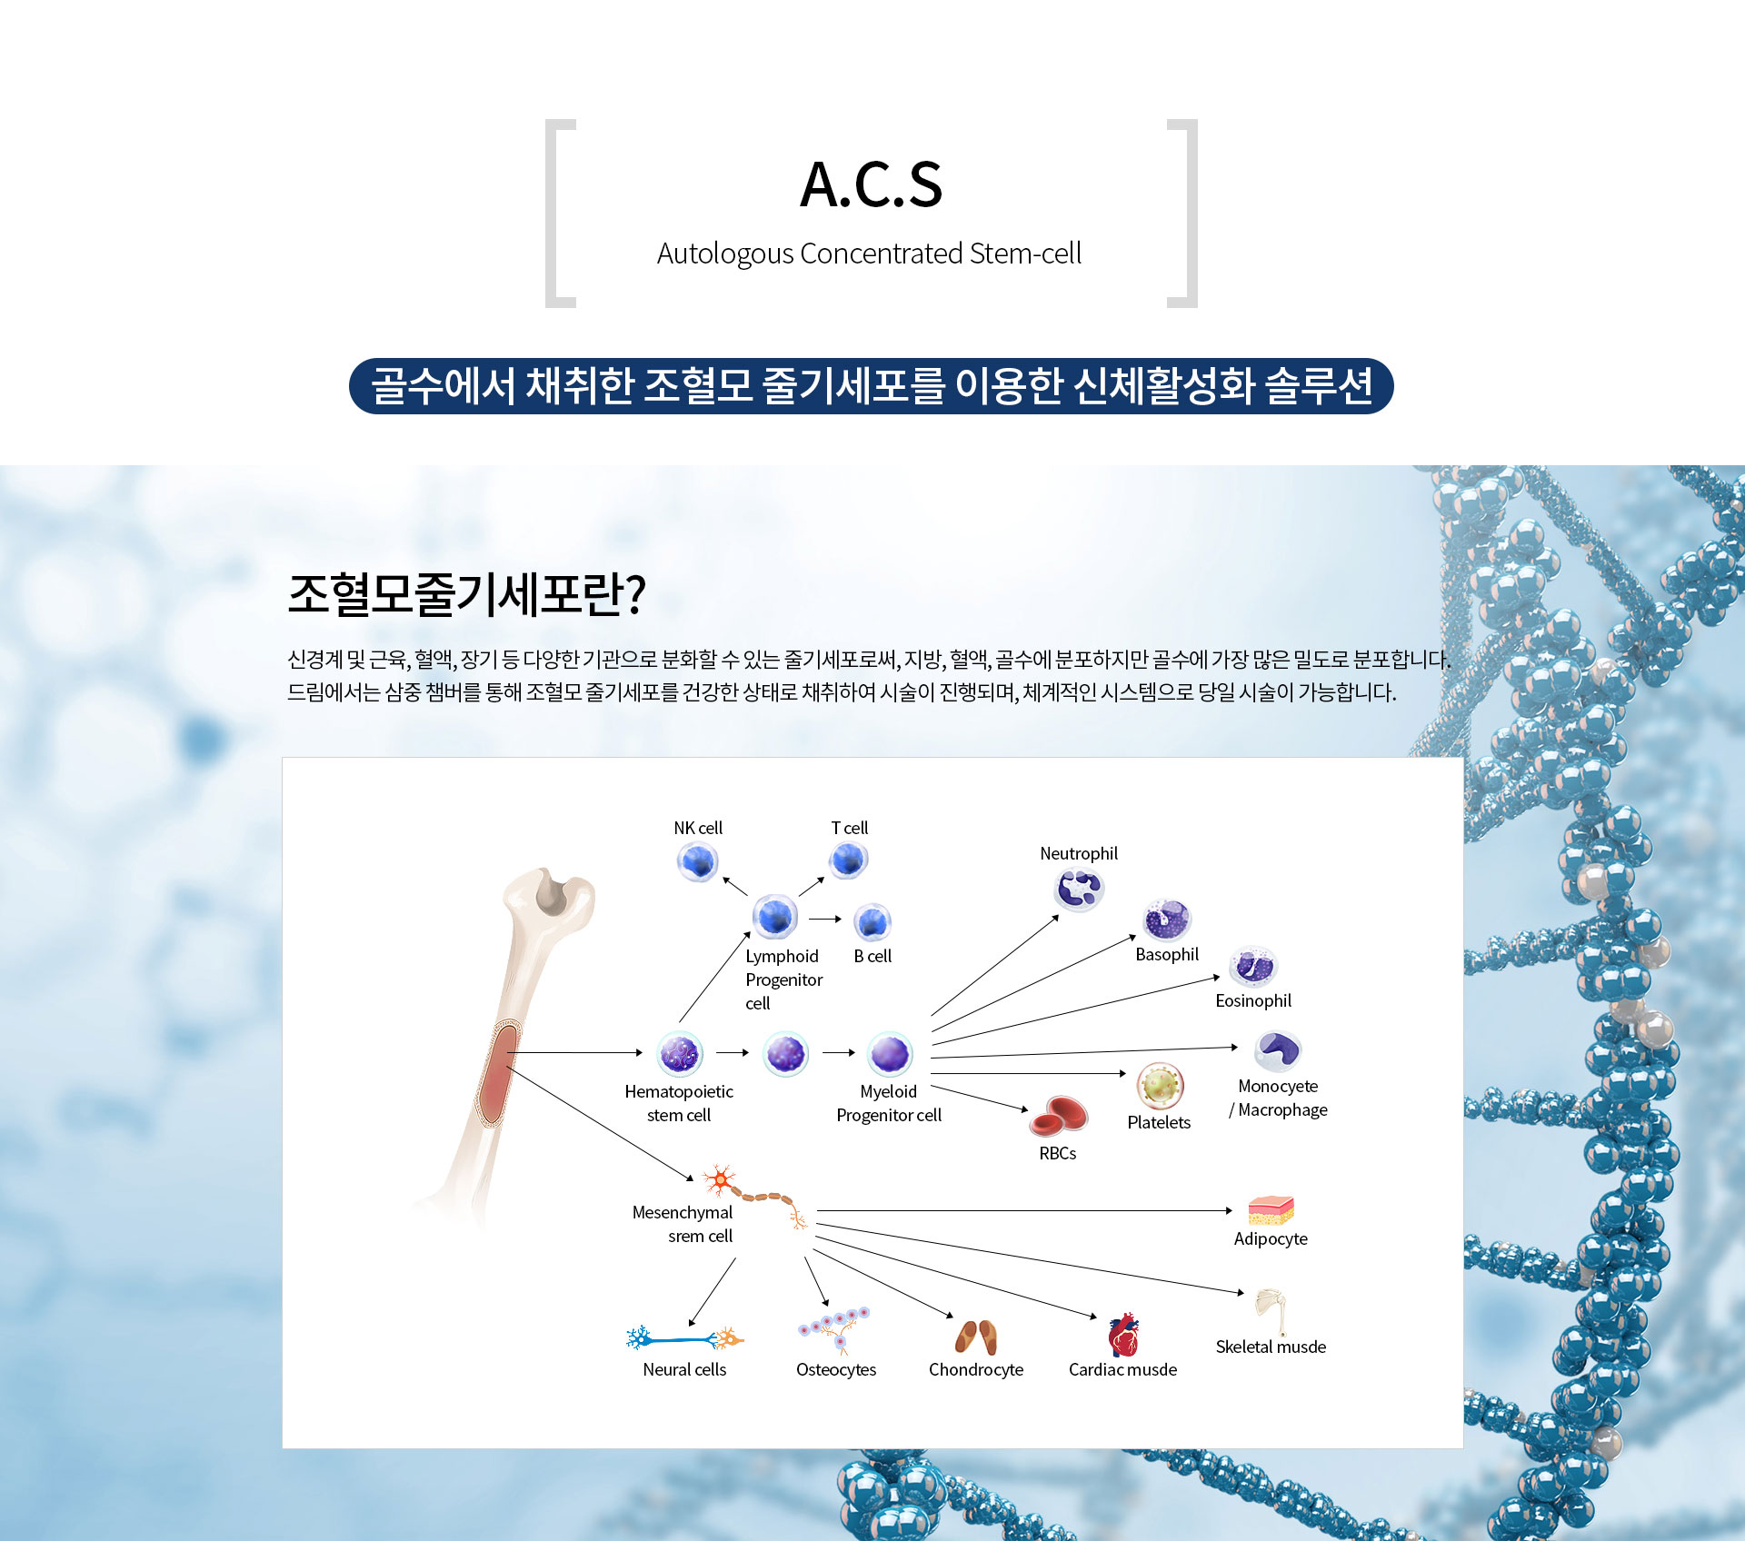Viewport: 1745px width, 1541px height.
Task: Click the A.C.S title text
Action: (x=871, y=185)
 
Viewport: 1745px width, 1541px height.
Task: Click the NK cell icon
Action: (x=698, y=861)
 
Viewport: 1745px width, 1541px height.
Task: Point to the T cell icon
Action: (x=849, y=860)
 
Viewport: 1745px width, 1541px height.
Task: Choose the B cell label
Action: (x=872, y=956)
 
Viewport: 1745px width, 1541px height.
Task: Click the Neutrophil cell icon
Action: (x=1079, y=889)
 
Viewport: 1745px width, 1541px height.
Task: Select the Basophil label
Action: (x=1167, y=954)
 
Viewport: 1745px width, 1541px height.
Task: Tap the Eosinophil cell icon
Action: (x=1253, y=967)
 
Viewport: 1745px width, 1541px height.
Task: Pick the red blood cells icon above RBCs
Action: (x=1058, y=1117)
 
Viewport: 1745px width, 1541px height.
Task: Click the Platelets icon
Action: (x=1160, y=1085)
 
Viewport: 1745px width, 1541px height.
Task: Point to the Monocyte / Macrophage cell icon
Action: (x=1278, y=1051)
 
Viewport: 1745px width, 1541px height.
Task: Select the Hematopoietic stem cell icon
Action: (x=680, y=1054)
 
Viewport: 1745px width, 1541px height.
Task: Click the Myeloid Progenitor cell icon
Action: (x=890, y=1054)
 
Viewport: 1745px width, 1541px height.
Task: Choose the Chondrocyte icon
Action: (x=976, y=1337)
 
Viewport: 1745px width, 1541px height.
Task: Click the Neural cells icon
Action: (x=684, y=1338)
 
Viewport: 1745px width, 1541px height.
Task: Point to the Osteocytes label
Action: (x=836, y=1369)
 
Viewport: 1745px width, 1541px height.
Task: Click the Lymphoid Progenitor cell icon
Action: (x=775, y=916)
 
